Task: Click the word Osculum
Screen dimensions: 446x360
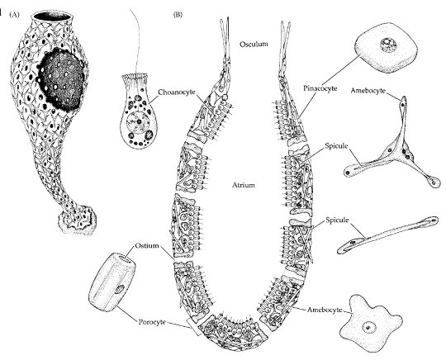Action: (x=254, y=44)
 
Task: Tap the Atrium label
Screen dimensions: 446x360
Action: (x=244, y=185)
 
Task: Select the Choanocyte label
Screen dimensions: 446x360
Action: (x=177, y=92)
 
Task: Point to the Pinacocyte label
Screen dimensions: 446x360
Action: (x=320, y=88)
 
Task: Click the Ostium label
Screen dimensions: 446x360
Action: (x=147, y=245)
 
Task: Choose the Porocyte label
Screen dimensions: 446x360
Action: (x=152, y=322)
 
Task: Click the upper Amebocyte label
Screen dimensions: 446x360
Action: (x=368, y=91)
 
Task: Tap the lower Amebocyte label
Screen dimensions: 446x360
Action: (x=325, y=310)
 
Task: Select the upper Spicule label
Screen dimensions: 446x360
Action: (x=336, y=146)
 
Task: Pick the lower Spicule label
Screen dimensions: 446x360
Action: (x=337, y=220)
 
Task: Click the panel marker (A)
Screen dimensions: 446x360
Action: (x=15, y=15)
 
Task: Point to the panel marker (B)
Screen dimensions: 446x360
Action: (x=178, y=15)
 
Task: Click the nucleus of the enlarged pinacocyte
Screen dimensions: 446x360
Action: (x=388, y=45)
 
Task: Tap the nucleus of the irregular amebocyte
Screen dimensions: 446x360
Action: (x=369, y=328)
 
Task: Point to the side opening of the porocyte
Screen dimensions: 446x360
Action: (x=120, y=289)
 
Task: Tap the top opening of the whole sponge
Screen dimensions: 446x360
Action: (x=51, y=17)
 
